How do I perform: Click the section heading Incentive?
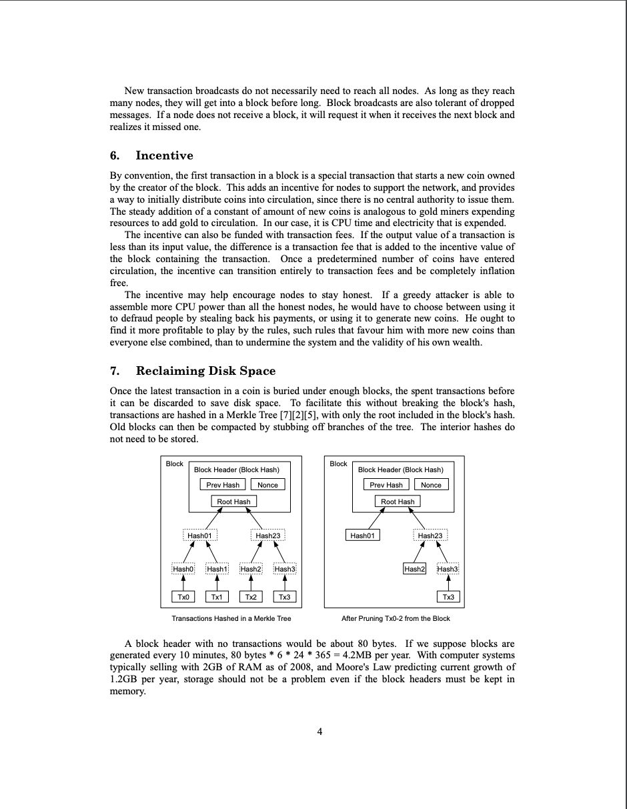pyautogui.click(x=164, y=155)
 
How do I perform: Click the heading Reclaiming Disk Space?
pyautogui.click(x=205, y=371)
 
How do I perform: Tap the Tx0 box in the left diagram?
pyautogui.click(x=183, y=597)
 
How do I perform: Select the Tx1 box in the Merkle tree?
pyautogui.click(x=217, y=597)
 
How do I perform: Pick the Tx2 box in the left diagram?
pyautogui.click(x=251, y=597)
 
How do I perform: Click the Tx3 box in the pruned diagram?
pyautogui.click(x=448, y=597)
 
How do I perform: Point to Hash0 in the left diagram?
pyautogui.click(x=183, y=569)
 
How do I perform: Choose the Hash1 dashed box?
pyautogui.click(x=217, y=569)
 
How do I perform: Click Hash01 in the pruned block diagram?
pyautogui.click(x=363, y=535)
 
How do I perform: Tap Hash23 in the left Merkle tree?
pyautogui.click(x=268, y=535)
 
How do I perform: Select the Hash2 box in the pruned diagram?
pyautogui.click(x=414, y=569)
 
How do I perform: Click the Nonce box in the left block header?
pyautogui.click(x=267, y=485)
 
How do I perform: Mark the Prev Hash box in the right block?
pyautogui.click(x=386, y=485)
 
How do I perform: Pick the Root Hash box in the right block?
pyautogui.click(x=398, y=502)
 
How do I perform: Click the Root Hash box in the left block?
pyautogui.click(x=233, y=502)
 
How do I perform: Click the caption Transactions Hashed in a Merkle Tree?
pyautogui.click(x=231, y=618)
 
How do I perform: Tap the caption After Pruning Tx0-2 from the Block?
pyautogui.click(x=396, y=618)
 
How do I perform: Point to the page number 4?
pyautogui.click(x=320, y=732)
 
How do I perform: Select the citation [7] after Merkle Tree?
pyautogui.click(x=288, y=415)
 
